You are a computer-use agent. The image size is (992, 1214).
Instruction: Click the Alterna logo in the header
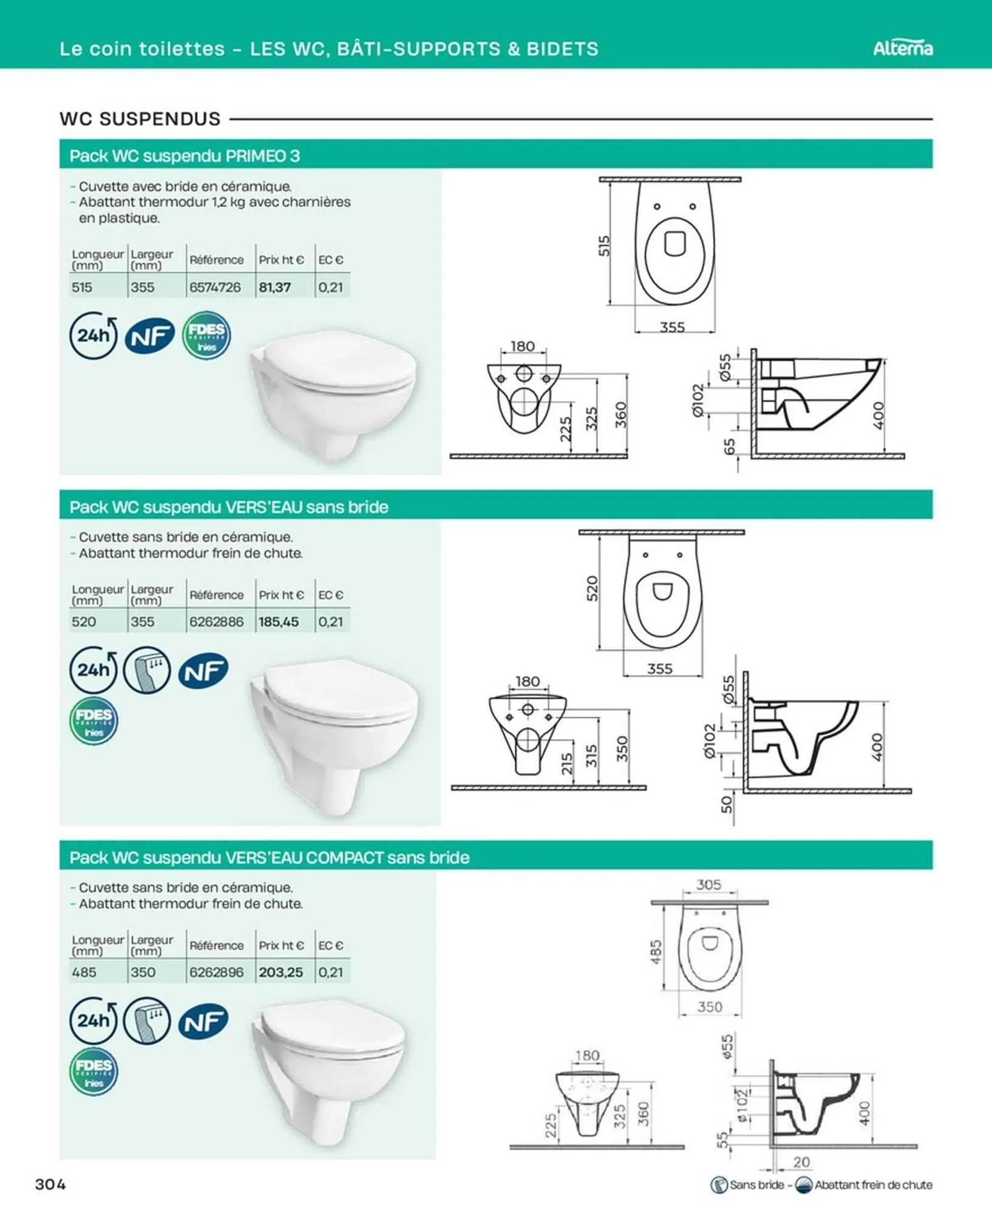coord(903,48)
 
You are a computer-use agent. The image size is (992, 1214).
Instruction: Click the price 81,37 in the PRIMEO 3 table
coord(275,287)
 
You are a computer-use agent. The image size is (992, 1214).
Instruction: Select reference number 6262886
coord(216,622)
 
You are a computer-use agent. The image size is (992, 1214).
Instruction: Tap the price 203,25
coord(280,972)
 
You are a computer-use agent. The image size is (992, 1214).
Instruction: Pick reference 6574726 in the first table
coord(215,287)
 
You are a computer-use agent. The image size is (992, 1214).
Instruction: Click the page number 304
coord(50,1184)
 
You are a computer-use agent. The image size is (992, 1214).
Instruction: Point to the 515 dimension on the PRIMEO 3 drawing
coord(604,246)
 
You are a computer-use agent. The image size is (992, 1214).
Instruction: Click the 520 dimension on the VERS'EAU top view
coord(592,589)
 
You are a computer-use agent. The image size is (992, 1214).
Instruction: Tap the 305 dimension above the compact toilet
coord(708,884)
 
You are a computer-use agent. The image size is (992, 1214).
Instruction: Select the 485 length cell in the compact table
coord(84,972)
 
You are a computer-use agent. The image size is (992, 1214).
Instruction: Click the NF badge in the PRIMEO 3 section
coord(150,336)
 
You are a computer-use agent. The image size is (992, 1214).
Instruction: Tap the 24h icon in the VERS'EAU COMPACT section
coord(93,1020)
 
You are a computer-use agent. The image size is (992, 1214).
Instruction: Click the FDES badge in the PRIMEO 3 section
coord(206,336)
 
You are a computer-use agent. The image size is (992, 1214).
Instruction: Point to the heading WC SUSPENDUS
coord(140,118)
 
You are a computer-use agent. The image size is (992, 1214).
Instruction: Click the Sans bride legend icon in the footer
coord(719,1184)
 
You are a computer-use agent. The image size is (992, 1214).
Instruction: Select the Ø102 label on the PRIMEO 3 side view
coord(698,400)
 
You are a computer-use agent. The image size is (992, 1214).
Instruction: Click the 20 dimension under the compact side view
coord(801,1162)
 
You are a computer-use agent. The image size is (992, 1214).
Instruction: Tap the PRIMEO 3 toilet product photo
coord(333,395)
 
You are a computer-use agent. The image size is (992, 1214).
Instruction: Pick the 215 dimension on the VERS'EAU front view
coord(567,764)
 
